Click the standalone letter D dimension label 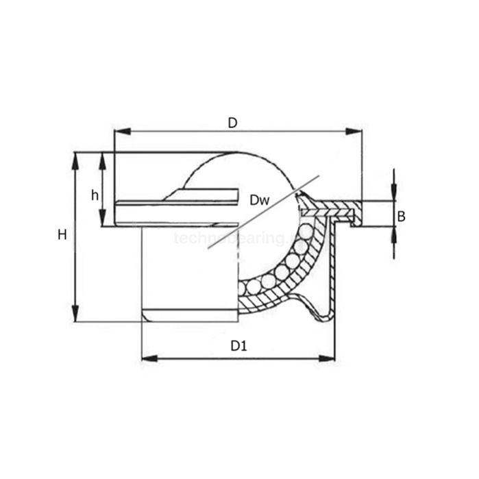232,123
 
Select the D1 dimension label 238,347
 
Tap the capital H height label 62,235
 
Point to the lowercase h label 95,195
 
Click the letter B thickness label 402,217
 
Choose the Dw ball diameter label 259,200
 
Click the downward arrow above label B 394,193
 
